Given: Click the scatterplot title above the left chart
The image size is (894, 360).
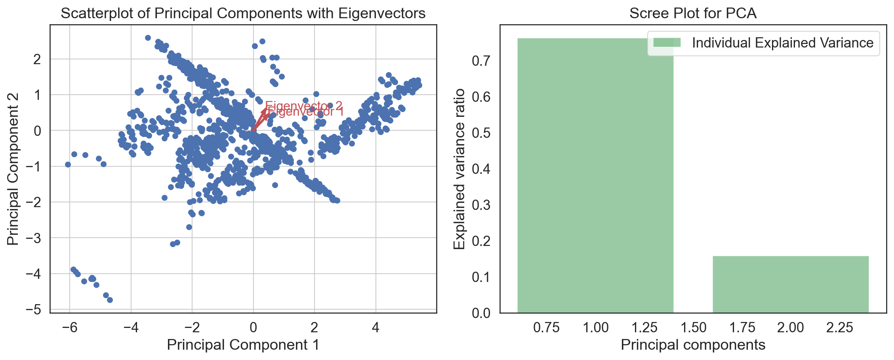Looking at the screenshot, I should pos(243,13).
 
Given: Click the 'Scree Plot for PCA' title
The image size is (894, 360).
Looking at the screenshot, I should pos(693,13).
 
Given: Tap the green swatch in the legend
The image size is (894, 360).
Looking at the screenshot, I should pos(667,42).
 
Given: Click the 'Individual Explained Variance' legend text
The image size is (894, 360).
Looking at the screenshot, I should pos(782,43).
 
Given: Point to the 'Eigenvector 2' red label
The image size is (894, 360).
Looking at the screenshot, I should pos(304,105).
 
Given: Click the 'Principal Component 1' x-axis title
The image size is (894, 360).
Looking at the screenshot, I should pos(243,345).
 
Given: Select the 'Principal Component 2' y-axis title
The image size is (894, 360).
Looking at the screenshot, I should pos(13,169).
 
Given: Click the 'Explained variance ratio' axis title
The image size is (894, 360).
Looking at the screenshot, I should pos(459,169).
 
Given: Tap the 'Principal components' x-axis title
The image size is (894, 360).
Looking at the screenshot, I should pos(693,345).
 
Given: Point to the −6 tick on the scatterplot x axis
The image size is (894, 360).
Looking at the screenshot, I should pos(69,328).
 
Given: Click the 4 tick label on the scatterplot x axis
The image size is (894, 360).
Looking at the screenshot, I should pos(376,328).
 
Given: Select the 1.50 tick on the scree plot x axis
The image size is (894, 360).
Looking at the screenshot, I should pos(693,328).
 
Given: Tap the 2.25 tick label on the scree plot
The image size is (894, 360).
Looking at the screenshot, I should pos(839,328).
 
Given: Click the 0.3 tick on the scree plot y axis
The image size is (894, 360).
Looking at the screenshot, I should pos(481,205).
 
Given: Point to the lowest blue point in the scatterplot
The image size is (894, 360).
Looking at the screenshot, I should pos(110,300).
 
